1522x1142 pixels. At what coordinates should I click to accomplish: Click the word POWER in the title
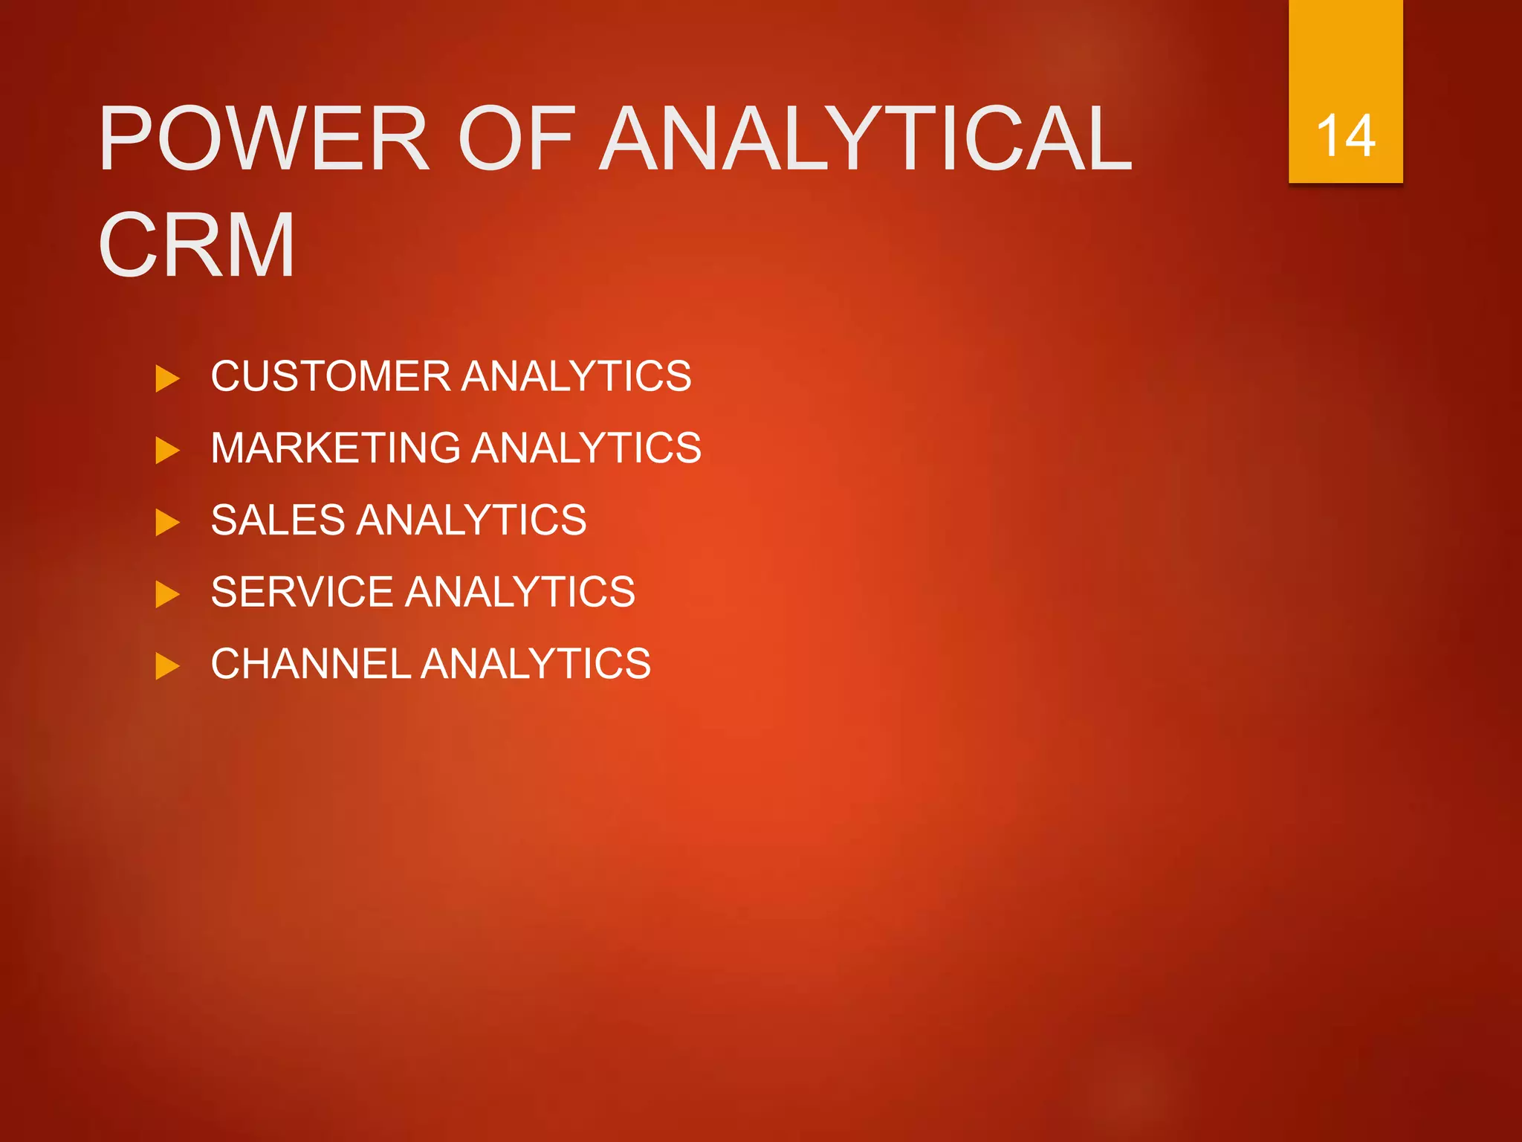coord(264,139)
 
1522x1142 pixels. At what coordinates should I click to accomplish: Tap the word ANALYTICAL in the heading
coord(866,139)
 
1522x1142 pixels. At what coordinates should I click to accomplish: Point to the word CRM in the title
coord(197,245)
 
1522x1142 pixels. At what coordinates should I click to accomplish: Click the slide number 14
coord(1345,136)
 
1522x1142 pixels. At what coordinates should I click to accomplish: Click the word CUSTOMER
coord(331,376)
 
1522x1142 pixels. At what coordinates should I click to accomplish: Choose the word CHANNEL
coord(311,664)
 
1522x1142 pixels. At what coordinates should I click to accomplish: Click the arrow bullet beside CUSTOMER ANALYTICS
coord(167,378)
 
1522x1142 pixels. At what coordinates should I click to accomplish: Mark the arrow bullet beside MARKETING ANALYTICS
coord(167,451)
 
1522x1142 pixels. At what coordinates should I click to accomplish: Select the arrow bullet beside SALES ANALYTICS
coord(167,522)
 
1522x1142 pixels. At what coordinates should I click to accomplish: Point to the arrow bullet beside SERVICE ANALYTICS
coord(167,594)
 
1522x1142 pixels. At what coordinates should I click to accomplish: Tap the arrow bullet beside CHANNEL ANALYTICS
coord(167,666)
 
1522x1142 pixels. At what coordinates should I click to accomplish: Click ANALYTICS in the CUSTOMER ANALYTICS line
coord(577,376)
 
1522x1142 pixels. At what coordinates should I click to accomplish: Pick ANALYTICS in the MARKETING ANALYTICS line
coord(586,448)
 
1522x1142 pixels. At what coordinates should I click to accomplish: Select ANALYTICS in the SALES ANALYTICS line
coord(472,520)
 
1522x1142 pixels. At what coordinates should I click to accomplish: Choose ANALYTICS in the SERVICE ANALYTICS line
coord(520,592)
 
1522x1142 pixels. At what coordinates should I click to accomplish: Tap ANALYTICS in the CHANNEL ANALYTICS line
coord(536,664)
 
